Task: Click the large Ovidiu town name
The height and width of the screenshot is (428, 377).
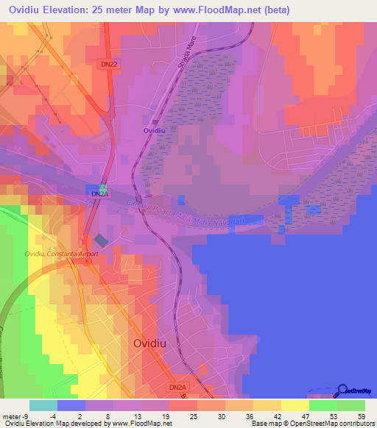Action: (154, 343)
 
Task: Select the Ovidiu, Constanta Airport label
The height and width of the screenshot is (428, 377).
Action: (61, 254)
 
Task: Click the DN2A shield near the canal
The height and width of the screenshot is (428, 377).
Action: (97, 193)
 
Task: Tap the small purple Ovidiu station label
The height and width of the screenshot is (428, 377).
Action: (154, 130)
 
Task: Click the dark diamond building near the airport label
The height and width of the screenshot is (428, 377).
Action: (100, 240)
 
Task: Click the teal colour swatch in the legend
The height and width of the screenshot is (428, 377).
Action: (43, 405)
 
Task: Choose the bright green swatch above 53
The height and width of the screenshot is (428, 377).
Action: (323, 405)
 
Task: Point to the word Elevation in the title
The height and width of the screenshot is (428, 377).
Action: (77, 10)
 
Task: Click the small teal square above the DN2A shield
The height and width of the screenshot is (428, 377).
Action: (104, 188)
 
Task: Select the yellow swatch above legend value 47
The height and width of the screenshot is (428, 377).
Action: (295, 405)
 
